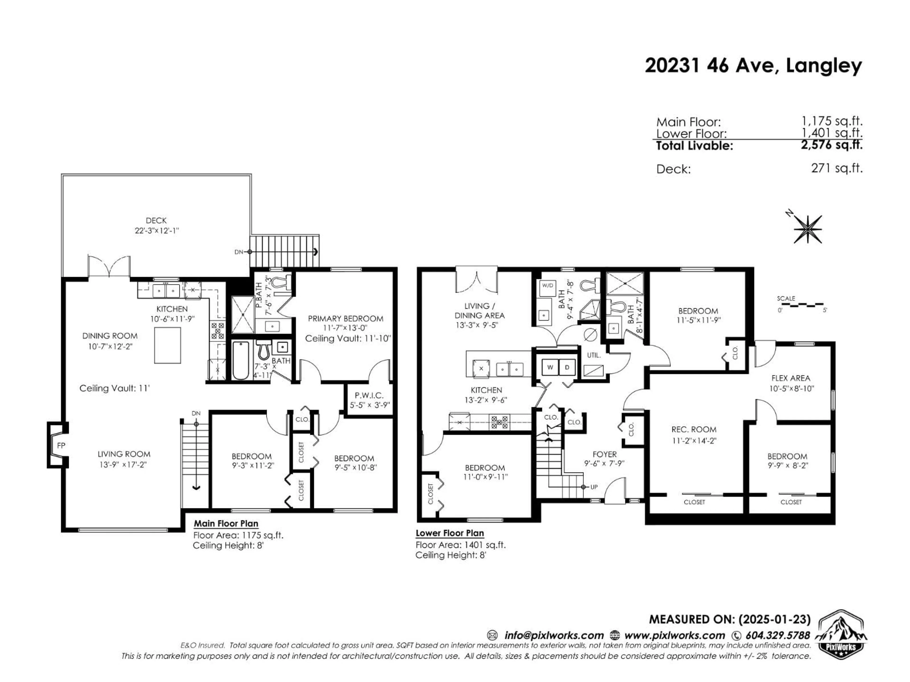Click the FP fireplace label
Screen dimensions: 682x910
(x=61, y=445)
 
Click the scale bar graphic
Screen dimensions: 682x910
(x=802, y=305)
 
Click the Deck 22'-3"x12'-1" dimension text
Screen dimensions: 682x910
(x=156, y=231)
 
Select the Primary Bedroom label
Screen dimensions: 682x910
(x=346, y=319)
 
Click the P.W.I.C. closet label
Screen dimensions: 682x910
(x=369, y=395)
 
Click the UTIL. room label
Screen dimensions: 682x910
(x=594, y=355)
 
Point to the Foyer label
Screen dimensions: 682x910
(x=604, y=454)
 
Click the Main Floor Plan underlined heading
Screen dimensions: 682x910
(x=226, y=524)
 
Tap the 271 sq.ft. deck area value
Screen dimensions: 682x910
(x=836, y=168)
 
